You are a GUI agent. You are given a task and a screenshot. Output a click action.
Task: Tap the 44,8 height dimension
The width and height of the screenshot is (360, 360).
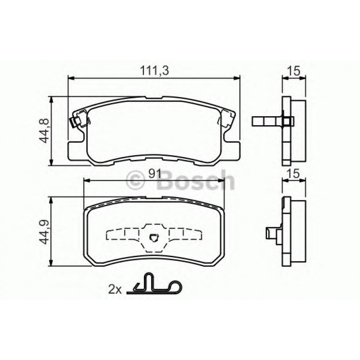[x=44, y=130]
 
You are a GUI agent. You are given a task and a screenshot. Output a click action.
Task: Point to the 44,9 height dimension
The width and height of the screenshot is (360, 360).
[x=44, y=231]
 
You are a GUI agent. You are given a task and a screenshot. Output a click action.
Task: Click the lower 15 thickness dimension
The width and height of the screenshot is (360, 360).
[x=294, y=174]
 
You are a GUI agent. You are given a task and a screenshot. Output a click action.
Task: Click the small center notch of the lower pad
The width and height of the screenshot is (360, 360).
[x=154, y=238]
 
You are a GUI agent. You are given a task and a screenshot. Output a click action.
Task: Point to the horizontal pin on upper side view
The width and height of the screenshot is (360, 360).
[x=266, y=121]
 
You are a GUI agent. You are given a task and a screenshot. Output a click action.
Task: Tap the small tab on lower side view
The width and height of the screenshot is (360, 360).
[x=271, y=233]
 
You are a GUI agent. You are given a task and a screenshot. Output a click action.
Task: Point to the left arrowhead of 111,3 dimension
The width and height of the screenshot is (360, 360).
[x=70, y=77]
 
